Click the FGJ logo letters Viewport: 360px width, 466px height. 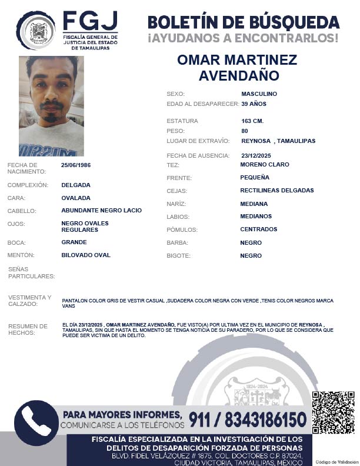point(89,22)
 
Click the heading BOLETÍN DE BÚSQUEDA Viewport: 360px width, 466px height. point(244,22)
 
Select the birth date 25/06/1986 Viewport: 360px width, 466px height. point(76,165)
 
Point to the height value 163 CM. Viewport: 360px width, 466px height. point(252,121)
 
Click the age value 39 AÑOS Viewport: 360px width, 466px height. point(254,104)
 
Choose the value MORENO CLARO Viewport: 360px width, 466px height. point(265,165)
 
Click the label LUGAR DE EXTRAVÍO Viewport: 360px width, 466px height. point(198,141)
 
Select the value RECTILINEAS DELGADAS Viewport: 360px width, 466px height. point(277,191)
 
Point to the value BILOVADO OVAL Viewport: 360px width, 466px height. point(86,255)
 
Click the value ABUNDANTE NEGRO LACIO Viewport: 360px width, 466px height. point(101,211)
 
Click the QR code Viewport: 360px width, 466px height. point(333,412)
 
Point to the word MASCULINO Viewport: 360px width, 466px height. point(259,94)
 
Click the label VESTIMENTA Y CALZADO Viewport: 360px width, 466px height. point(30,301)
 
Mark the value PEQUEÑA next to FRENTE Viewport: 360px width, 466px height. point(255,178)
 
